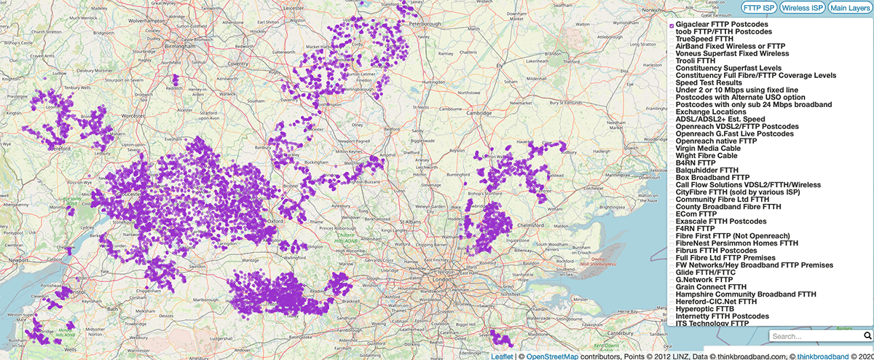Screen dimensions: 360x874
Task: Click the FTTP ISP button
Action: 759,7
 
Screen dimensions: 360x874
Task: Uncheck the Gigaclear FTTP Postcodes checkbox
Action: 672,26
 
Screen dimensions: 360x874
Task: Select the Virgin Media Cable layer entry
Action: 706,148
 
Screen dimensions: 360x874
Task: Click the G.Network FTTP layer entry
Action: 704,279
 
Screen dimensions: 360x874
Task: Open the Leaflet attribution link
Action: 502,356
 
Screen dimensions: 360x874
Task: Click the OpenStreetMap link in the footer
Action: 558,356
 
